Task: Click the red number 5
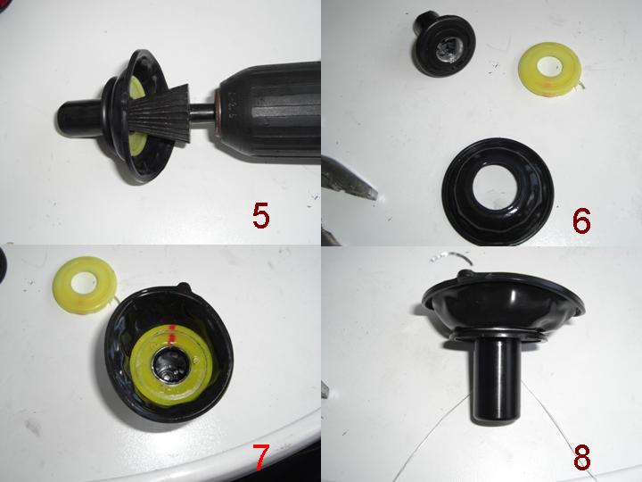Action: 260,216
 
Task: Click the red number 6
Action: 581,220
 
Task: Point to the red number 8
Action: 581,457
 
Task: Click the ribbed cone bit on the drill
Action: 160,113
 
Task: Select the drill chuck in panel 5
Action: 266,112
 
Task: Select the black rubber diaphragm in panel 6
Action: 498,192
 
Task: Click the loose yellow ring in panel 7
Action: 85,285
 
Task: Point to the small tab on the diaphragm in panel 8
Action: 465,273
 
